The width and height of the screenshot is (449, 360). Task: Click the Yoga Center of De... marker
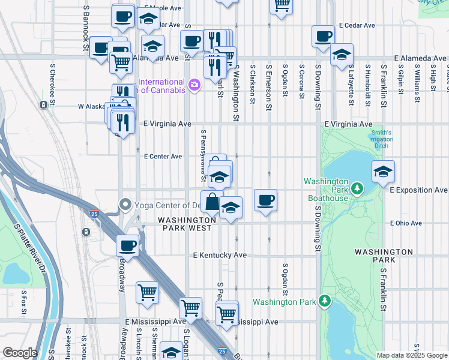click(125, 205)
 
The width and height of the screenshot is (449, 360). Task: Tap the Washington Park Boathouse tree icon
click(357, 190)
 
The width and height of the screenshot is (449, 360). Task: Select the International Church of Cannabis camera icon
click(194, 85)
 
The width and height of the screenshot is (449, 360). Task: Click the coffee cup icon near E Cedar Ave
click(323, 36)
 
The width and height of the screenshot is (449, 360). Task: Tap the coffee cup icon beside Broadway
click(127, 245)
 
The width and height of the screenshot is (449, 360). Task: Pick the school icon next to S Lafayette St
click(342, 55)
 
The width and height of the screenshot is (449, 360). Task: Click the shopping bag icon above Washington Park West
click(212, 202)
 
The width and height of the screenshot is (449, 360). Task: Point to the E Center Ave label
click(163, 157)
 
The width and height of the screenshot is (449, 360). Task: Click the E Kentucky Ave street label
click(220, 255)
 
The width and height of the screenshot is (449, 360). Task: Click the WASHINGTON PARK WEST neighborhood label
click(185, 224)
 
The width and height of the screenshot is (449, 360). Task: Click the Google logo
click(19, 353)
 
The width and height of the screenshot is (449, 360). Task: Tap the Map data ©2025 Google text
click(411, 355)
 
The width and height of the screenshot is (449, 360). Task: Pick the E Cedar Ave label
click(357, 26)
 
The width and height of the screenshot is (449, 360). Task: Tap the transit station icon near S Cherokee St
click(43, 105)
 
